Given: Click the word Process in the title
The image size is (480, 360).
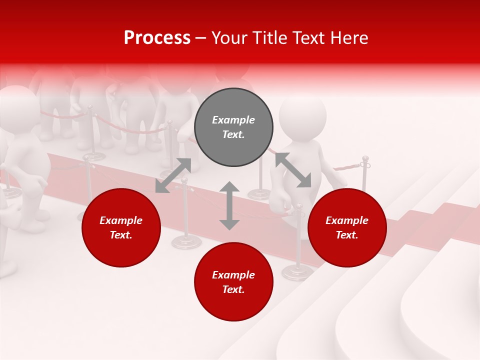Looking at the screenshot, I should pos(157,38).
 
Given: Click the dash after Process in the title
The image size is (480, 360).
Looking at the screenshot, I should pos(201,38).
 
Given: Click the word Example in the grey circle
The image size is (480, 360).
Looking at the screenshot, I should pos(233,120).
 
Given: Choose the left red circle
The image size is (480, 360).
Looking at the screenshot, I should pos(121,227).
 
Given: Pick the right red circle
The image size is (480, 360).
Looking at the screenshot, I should pos(347,227).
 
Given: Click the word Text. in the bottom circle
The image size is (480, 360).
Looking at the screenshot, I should pos(233,289).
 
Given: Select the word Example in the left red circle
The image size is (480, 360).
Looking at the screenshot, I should pos(121,220).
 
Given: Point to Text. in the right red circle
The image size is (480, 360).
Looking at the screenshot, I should pos(347,235).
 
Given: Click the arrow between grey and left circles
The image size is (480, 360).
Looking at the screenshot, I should pos(173,175).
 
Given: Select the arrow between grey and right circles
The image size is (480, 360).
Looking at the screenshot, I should pos(293,170).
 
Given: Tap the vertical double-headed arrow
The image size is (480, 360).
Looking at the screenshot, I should pos(229,205).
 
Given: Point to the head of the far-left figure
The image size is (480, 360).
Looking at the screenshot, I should pos(17,107).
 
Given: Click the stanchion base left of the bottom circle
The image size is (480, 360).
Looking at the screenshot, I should pos(186,242).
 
